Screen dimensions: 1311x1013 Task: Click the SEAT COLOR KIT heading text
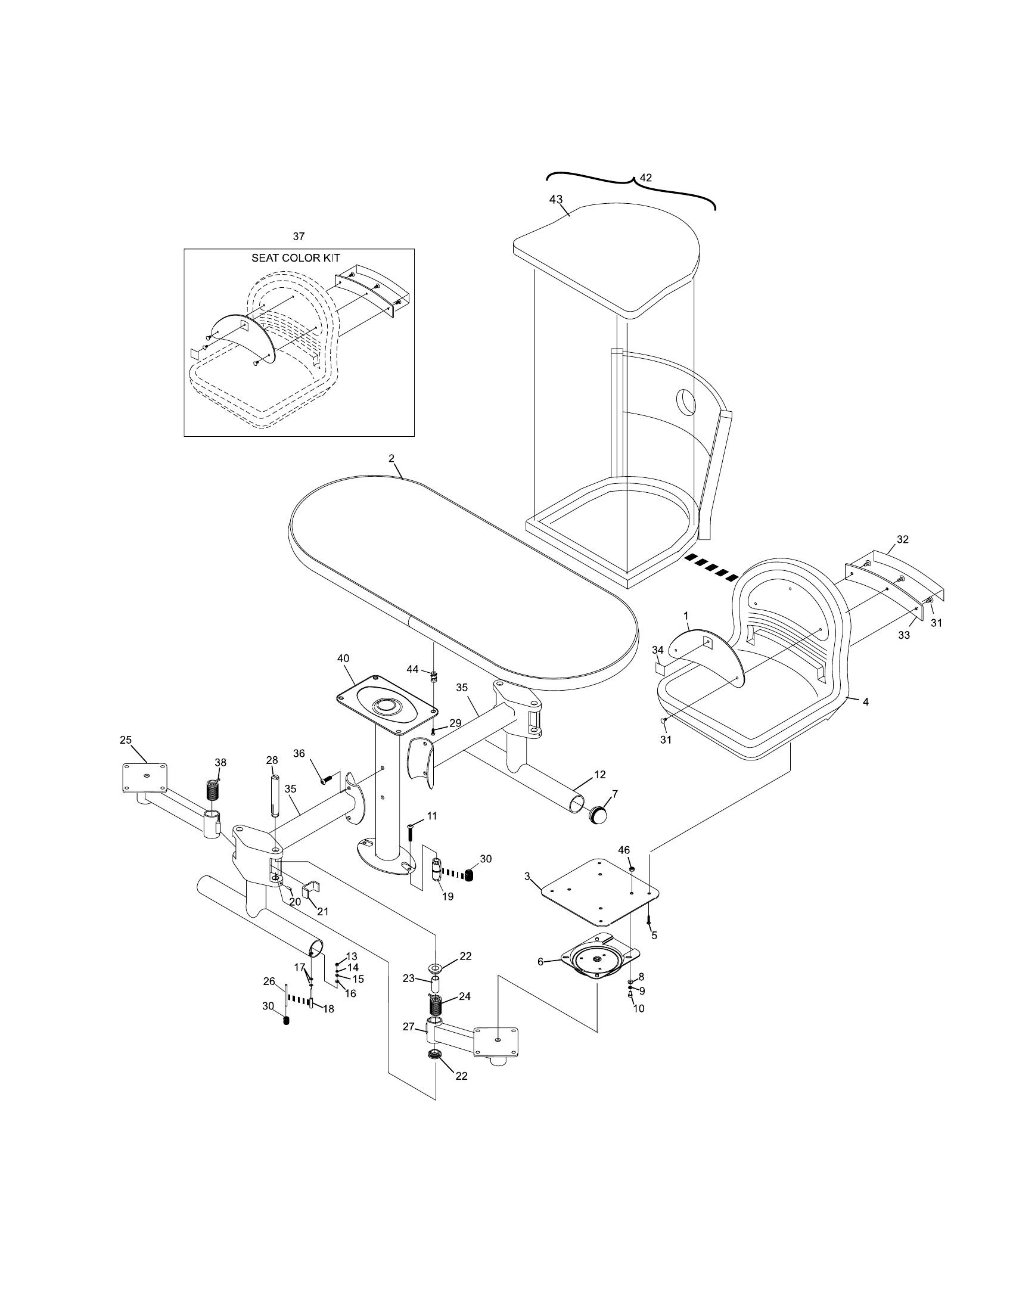(295, 258)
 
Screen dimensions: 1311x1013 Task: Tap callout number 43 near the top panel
(556, 199)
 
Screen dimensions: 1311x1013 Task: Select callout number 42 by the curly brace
(646, 178)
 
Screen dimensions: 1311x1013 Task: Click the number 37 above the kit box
(299, 237)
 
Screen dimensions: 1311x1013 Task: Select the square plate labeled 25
(145, 777)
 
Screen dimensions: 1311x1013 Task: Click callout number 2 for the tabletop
(391, 458)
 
